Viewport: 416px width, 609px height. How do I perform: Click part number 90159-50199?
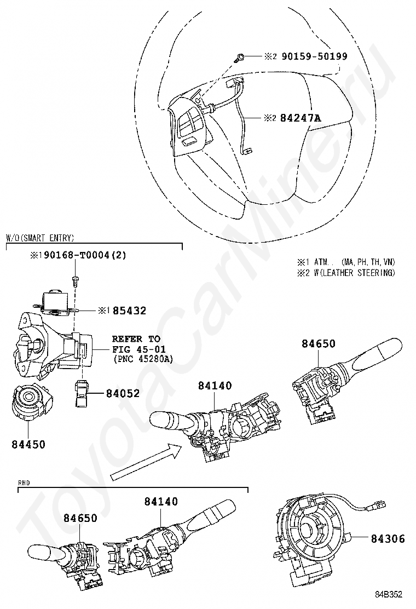click(314, 56)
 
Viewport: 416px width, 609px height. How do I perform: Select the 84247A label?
click(300, 117)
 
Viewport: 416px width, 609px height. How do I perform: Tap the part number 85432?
click(130, 311)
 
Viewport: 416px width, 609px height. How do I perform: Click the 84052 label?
click(123, 393)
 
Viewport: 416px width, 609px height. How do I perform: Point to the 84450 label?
click(28, 444)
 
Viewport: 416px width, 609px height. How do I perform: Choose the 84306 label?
click(387, 539)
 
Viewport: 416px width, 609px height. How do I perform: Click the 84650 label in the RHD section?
click(80, 518)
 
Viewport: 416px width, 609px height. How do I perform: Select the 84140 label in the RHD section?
click(161, 501)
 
